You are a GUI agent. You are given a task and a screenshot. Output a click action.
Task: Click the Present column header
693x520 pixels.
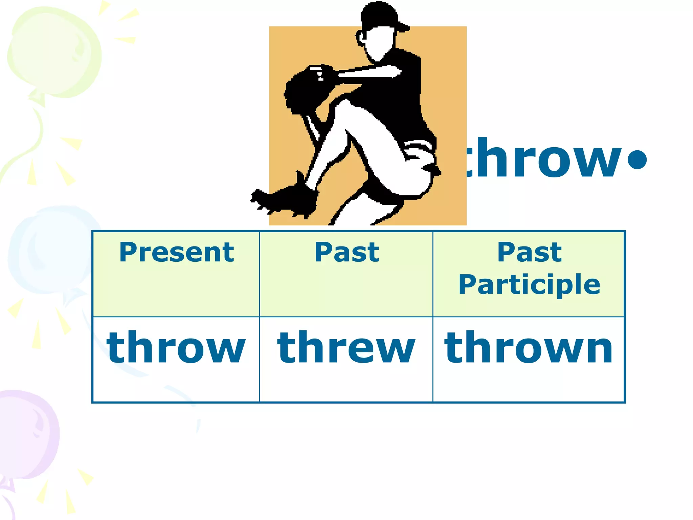(x=176, y=253)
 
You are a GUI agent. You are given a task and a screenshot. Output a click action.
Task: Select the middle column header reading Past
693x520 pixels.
(x=347, y=253)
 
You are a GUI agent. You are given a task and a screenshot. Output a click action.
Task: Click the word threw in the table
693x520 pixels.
(x=346, y=348)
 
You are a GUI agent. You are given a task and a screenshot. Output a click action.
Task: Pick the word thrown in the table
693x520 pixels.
(x=529, y=348)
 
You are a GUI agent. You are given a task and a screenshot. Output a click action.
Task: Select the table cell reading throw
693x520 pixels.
(x=176, y=348)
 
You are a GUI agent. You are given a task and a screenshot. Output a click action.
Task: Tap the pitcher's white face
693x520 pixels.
(x=379, y=42)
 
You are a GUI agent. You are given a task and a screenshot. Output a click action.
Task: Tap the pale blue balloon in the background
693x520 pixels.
(x=51, y=251)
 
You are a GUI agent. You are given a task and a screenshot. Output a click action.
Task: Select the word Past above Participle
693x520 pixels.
(x=529, y=253)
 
